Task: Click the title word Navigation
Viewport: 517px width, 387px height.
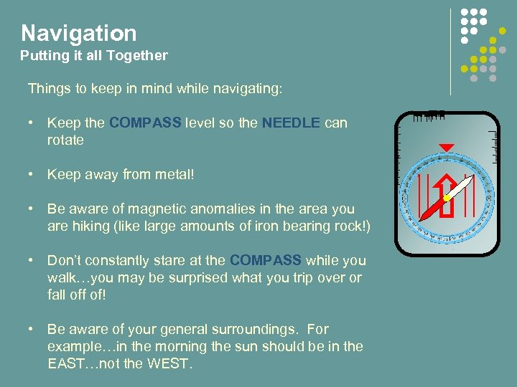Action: coord(78,33)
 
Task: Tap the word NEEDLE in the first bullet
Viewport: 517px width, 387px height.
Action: coord(292,123)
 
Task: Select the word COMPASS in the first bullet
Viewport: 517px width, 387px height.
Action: coord(145,123)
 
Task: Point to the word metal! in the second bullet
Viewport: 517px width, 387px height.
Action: coord(175,174)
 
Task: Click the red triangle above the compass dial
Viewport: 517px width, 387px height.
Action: coord(447,148)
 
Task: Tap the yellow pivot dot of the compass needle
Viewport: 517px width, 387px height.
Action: coord(447,198)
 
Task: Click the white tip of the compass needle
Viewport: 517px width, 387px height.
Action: coord(467,182)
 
